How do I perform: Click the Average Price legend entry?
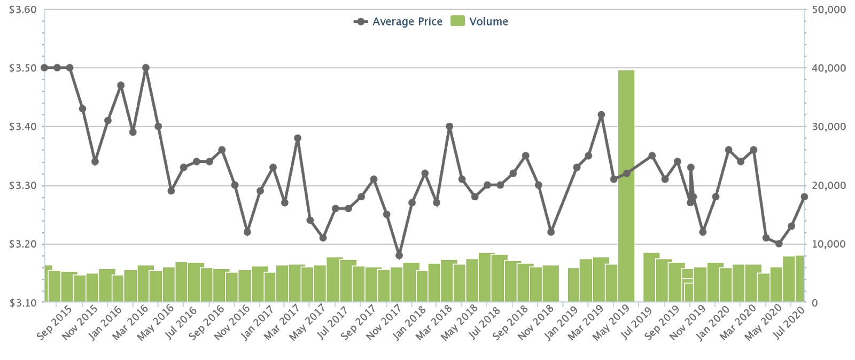click(x=398, y=22)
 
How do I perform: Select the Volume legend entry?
click(x=479, y=22)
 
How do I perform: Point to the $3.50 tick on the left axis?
click(x=22, y=68)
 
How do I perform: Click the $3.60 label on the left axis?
click(x=22, y=10)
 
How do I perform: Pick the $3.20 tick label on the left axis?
click(x=22, y=245)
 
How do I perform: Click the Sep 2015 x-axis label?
click(x=54, y=323)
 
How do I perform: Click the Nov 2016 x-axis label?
click(x=231, y=323)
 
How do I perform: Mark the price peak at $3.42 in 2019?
click(x=601, y=115)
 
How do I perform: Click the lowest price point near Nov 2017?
click(x=399, y=255)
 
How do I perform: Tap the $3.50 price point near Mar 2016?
click(x=146, y=68)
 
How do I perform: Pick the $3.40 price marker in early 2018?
click(x=449, y=127)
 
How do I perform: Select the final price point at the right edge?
click(x=804, y=197)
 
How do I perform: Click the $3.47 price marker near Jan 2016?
click(x=121, y=85)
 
